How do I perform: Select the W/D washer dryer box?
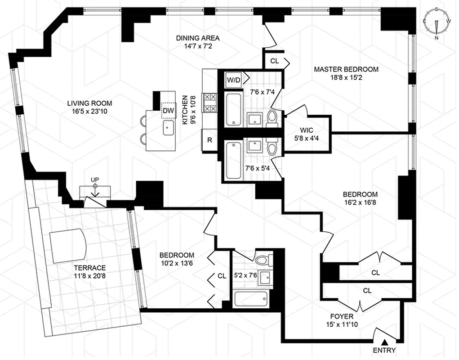(233, 80)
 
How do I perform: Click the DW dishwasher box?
(168, 110)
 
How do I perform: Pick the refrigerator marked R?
(209, 140)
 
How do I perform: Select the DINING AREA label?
(197, 38)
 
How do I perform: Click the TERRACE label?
(91, 267)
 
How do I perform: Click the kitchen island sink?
(169, 127)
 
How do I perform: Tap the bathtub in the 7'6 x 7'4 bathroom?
(233, 109)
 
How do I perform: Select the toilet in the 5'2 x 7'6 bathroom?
(261, 261)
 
